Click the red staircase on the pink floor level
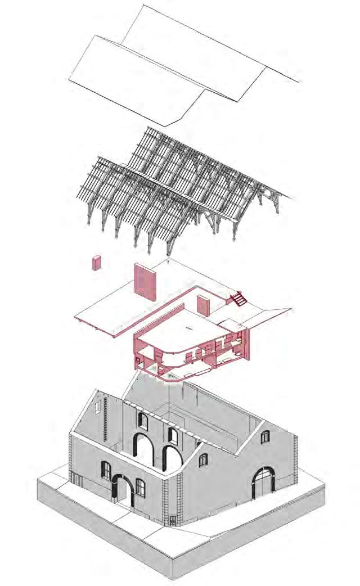coord(237,297)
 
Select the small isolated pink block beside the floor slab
coord(96,262)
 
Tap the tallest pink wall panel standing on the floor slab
coord(145,283)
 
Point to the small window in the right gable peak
coord(265,436)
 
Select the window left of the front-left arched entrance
coord(106,470)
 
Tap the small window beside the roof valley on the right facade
coord(202,459)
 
